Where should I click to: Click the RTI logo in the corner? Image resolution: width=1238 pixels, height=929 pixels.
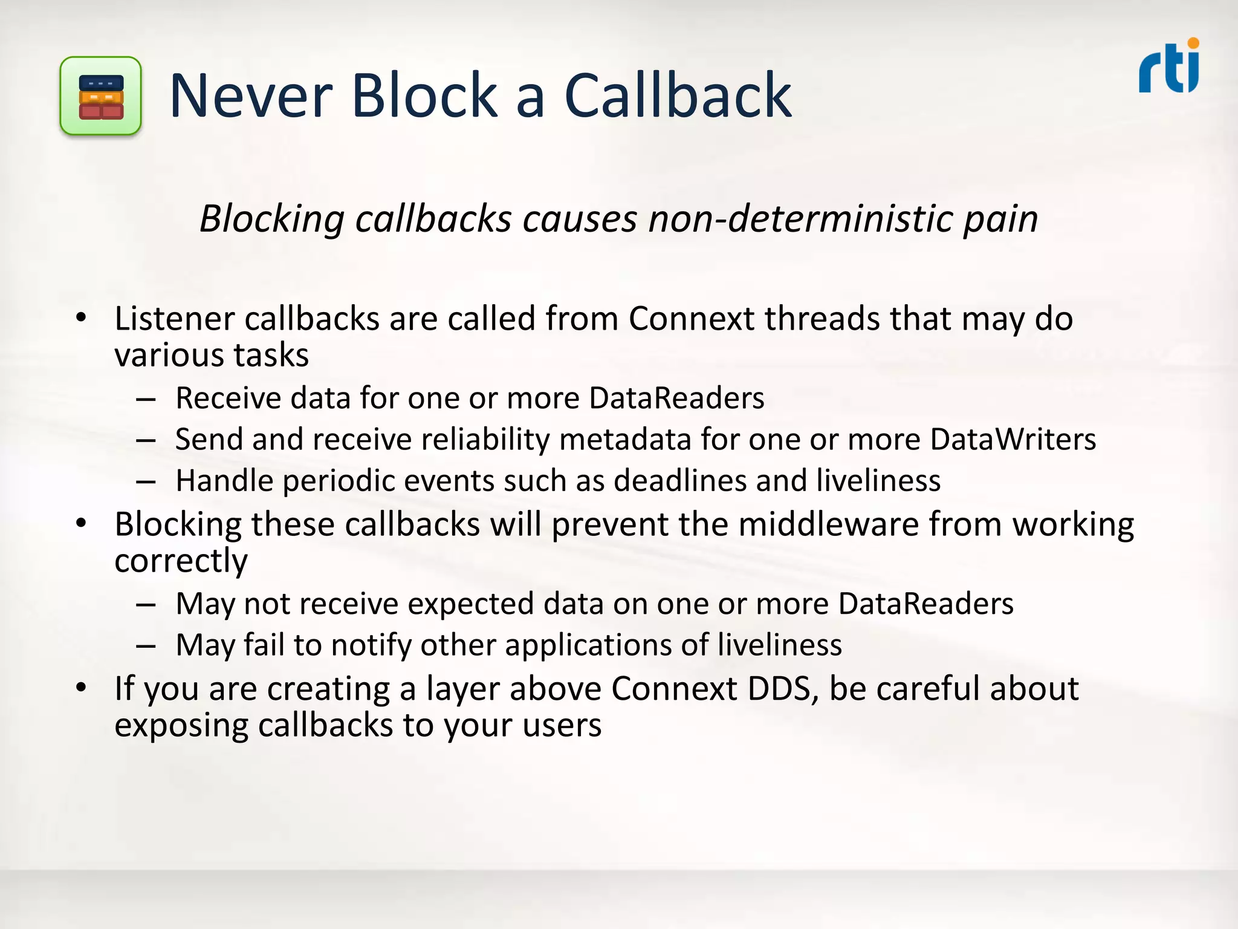[1169, 67]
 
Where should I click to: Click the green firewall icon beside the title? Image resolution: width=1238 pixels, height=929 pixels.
[101, 96]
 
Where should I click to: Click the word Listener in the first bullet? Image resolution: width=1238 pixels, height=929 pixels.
[174, 319]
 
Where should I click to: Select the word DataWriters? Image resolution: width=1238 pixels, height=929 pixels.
[1013, 440]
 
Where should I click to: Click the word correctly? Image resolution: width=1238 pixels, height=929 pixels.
[181, 562]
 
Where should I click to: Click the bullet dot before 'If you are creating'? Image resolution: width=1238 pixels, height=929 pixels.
[82, 688]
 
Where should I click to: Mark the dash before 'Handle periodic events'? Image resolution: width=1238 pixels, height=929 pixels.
[146, 482]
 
